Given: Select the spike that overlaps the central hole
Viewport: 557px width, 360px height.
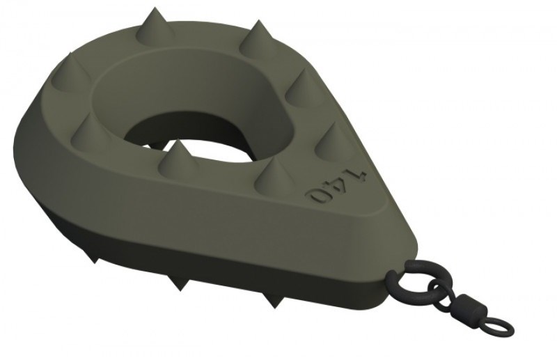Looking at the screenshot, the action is pos(175,160).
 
